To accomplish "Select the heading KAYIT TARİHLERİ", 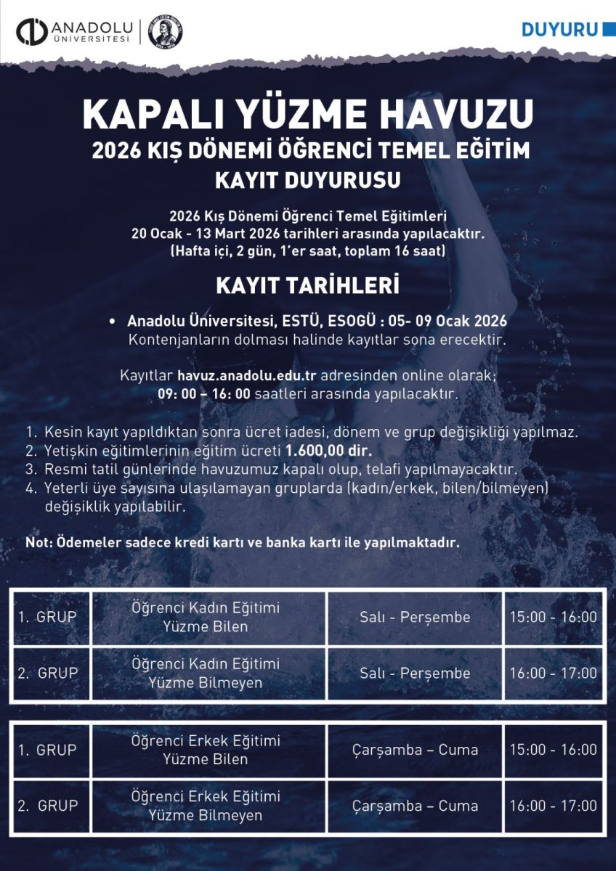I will click(308, 286).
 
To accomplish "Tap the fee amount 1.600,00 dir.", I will click(328, 449).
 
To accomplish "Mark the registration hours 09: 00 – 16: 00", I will click(205, 394).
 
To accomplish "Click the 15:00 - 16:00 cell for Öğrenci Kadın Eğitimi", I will click(554, 617).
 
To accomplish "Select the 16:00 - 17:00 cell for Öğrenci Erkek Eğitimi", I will click(554, 806).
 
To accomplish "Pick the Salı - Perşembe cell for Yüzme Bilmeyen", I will click(415, 674).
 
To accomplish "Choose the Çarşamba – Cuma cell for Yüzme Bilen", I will click(415, 750).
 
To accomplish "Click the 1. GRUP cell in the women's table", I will click(48, 617).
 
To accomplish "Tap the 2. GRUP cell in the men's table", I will click(48, 806).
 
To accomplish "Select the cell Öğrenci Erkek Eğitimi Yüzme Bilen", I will click(206, 750).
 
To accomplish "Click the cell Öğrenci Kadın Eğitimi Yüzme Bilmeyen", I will click(206, 674).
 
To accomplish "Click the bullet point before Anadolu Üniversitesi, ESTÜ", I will click(112, 321).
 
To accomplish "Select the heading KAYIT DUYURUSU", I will click(308, 179).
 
